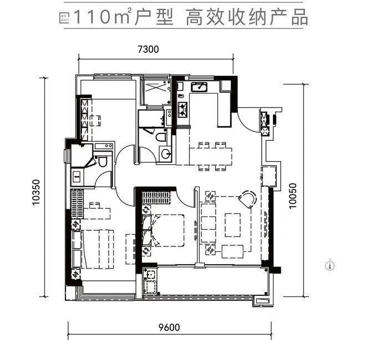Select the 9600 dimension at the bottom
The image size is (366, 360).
169,327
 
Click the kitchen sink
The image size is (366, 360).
199,87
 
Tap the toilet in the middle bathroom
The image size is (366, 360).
161,136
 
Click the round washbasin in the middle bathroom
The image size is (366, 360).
165,153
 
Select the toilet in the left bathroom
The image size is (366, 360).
102,161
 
